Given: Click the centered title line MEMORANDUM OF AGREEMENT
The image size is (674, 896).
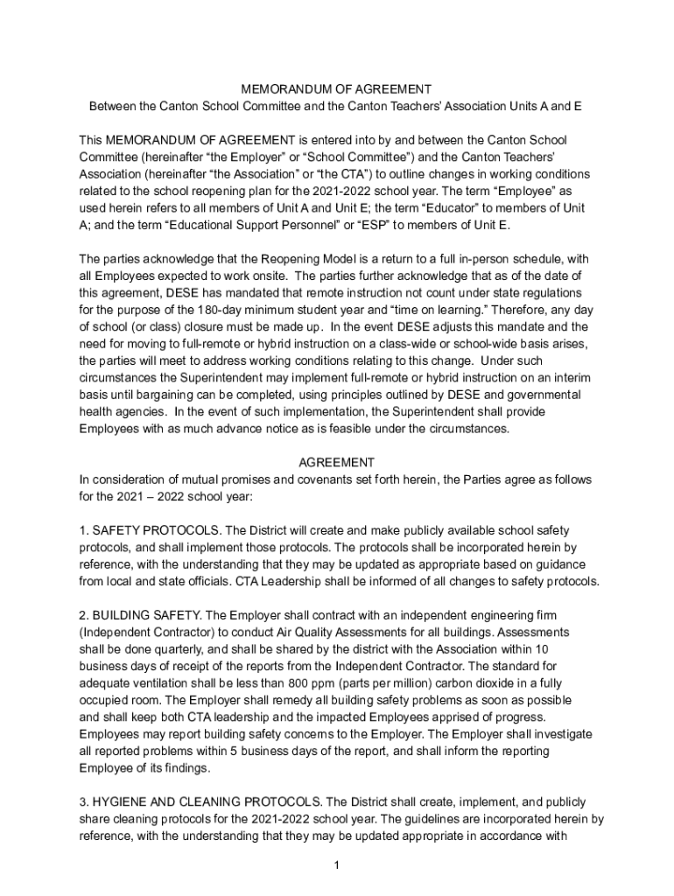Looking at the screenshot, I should (336, 89).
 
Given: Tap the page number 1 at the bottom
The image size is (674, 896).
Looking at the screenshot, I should (336, 865).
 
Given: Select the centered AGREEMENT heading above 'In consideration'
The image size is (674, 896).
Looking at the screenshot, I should (336, 462).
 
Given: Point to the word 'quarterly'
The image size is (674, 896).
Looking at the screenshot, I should (180, 649).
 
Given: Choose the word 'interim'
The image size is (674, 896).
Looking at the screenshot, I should (571, 376).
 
